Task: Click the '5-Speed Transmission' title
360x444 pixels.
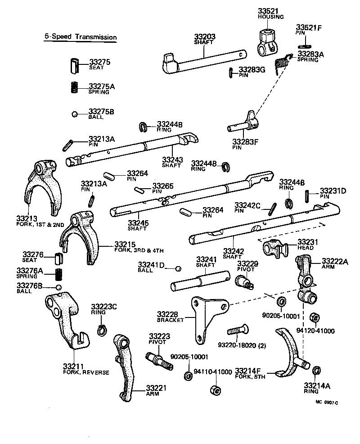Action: click(x=80, y=37)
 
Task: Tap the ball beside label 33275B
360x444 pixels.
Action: click(x=75, y=114)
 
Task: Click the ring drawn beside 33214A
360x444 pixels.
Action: click(x=316, y=371)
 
